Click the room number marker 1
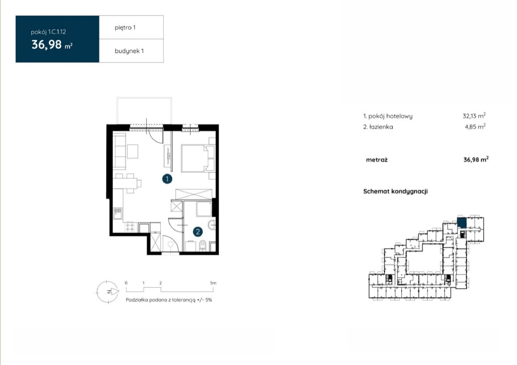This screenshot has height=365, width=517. tap(167, 179)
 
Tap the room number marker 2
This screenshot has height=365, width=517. tap(198, 231)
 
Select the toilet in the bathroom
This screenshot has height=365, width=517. tap(202, 246)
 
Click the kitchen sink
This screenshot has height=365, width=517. tap(118, 214)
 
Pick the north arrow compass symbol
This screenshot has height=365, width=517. tap(108, 292)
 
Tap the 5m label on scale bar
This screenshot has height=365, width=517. tap(213, 283)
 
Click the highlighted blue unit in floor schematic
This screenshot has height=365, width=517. tap(462, 222)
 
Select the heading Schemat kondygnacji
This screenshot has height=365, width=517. tap(396, 191)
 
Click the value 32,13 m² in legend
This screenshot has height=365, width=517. tap(474, 116)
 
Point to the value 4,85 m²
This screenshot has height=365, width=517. tap(475, 126)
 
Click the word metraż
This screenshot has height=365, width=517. tap(377, 160)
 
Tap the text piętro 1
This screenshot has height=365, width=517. tap(125, 28)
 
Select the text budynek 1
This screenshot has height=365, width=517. tap(129, 51)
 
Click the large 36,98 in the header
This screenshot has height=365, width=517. tap(47, 45)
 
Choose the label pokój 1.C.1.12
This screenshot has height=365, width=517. tap(48, 32)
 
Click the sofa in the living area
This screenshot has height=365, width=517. tap(119, 151)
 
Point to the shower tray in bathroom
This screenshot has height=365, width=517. tap(204, 209)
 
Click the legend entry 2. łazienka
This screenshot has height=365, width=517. tap(378, 127)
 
